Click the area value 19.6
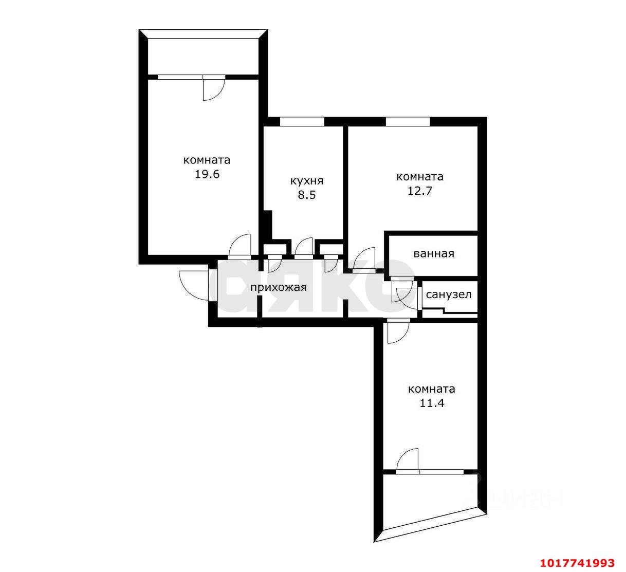point(207,174)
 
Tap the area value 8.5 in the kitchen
point(307,195)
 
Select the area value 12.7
point(420,191)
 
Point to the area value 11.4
point(432,403)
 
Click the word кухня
point(307,181)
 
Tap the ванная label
point(434,254)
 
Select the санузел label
point(449,294)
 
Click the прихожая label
point(279,287)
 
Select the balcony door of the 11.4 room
point(407,459)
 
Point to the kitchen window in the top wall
point(302,121)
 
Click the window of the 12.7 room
point(408,121)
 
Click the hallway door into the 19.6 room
point(240,245)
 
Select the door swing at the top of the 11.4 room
point(398,333)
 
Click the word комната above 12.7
point(420,177)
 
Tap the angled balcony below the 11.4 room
point(430,500)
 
